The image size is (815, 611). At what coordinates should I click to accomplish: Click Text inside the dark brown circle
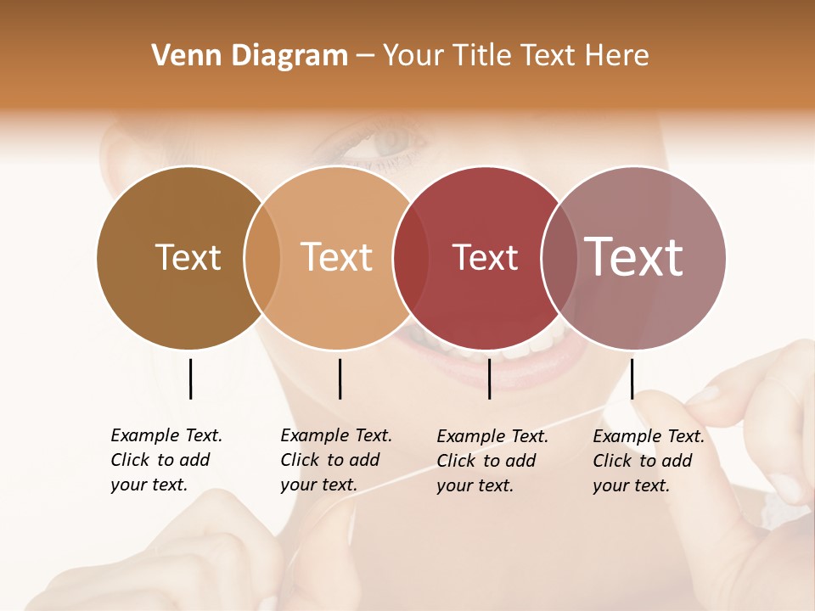188,257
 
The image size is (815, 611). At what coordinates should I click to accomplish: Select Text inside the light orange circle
336,257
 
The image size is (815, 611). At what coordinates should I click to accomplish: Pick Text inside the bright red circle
485,257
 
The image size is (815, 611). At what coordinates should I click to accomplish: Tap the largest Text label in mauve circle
633,257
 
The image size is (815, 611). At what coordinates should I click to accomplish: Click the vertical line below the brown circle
190,378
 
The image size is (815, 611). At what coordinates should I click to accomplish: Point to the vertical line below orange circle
340,378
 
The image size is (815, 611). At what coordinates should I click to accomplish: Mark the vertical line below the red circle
490,378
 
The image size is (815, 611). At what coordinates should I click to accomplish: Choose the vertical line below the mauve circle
632,378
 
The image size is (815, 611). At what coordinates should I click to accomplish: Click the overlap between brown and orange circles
262,257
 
